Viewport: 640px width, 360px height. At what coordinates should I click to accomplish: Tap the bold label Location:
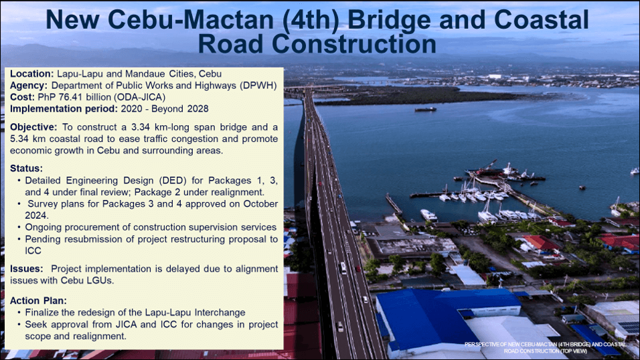point(32,74)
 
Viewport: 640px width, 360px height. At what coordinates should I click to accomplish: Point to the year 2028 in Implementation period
point(198,109)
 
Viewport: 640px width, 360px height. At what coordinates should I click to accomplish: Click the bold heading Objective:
point(33,127)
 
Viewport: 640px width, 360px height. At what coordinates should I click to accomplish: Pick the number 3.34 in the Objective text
point(141,127)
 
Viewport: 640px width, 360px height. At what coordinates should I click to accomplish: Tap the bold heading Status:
point(26,169)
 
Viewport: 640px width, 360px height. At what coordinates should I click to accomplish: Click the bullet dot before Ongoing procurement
point(19,228)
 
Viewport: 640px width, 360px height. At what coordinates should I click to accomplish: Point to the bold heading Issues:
point(27,269)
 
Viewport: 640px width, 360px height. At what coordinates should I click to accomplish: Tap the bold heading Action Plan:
point(38,301)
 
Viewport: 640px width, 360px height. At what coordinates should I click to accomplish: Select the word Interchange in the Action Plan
point(220,312)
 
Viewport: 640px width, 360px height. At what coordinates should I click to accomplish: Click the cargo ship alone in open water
point(425,109)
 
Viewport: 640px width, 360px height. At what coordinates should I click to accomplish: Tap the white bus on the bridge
point(343,268)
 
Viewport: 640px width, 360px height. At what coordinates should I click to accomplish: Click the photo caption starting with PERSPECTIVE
point(545,348)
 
